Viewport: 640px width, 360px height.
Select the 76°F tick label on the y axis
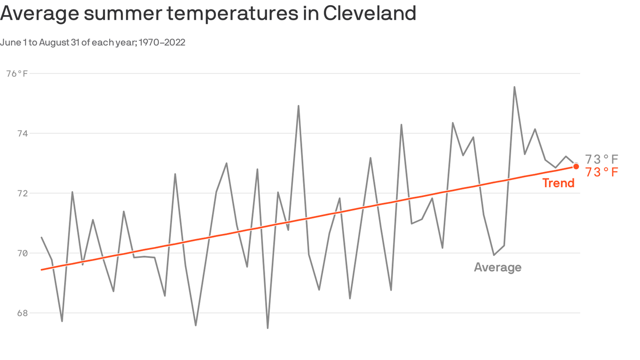point(17,74)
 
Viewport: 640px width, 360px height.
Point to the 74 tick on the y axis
point(22,134)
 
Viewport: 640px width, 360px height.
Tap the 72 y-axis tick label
point(22,194)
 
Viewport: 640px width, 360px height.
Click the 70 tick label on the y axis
point(22,254)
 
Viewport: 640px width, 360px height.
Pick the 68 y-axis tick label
point(22,313)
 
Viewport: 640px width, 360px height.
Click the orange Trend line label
point(558,183)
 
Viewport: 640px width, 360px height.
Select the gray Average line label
point(497,267)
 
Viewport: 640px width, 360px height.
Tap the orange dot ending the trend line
point(576,166)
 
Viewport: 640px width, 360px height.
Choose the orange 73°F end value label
point(602,172)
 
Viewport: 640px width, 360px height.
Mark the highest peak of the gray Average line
point(514,87)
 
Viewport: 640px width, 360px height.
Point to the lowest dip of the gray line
point(268,328)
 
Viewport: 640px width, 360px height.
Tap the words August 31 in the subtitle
point(58,43)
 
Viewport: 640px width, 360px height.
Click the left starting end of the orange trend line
point(42,270)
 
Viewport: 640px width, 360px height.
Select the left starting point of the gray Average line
point(42,238)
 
